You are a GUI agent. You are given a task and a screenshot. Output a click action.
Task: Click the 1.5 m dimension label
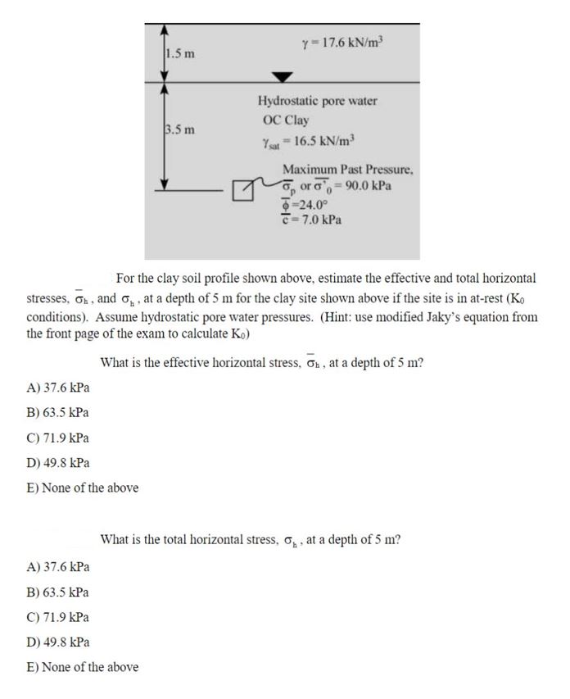click(180, 54)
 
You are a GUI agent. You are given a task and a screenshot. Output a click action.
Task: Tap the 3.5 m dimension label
click(180, 129)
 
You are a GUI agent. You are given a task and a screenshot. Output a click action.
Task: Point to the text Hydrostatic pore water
click(317, 102)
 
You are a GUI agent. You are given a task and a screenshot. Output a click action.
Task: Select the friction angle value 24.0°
click(304, 203)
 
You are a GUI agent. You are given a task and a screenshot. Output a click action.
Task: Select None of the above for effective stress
click(82, 488)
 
